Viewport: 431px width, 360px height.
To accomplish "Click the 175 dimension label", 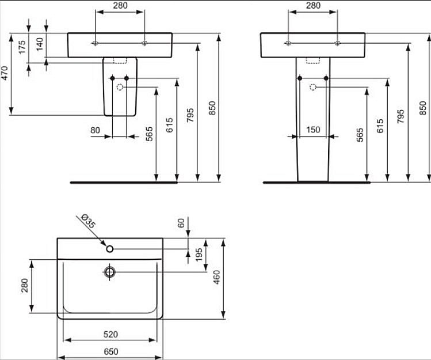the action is point(22,47).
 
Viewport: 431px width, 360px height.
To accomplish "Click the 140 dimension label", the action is point(40,44).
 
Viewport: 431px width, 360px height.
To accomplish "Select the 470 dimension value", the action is point(5,74).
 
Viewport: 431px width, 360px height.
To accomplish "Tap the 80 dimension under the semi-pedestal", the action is point(96,130).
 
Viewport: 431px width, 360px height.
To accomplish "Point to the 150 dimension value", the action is point(312,130).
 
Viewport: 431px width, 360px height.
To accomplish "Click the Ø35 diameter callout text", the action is point(87,220).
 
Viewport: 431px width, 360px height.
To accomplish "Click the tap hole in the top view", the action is point(109,249).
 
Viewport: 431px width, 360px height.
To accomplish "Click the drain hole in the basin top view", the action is point(109,271).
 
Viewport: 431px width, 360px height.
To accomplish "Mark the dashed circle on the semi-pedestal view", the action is point(120,87).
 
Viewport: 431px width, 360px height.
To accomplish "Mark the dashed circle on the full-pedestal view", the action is point(312,87).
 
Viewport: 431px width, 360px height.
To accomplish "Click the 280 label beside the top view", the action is point(25,286).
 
